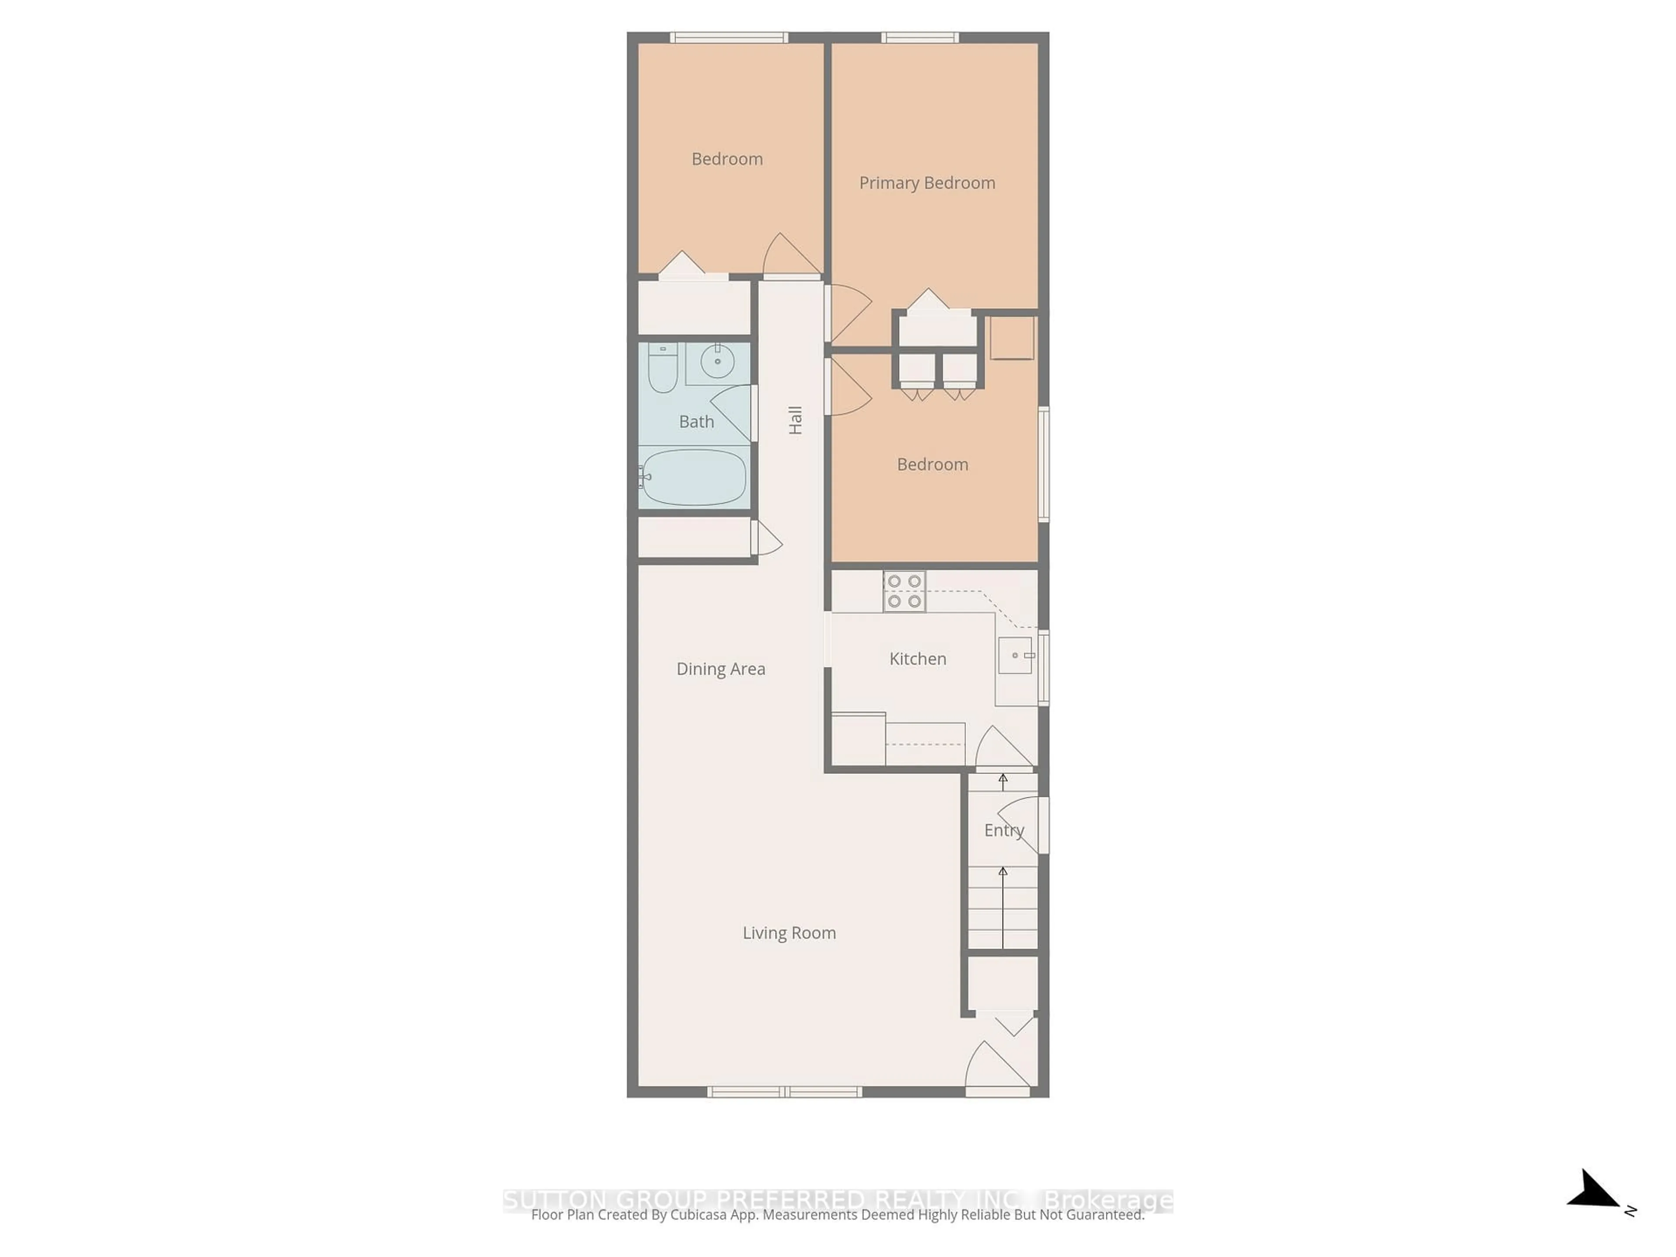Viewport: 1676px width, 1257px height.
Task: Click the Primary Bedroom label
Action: tap(927, 182)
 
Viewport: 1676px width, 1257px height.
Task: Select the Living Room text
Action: tap(789, 933)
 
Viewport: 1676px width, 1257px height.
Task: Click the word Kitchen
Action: tap(917, 659)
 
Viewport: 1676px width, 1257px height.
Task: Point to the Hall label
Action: tap(795, 420)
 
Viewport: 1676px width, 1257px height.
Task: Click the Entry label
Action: tap(1004, 831)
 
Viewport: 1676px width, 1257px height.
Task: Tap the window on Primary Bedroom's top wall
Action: tap(920, 37)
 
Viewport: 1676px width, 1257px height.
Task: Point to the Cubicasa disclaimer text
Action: tap(837, 1215)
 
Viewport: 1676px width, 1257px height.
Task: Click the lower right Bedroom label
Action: tap(932, 464)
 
